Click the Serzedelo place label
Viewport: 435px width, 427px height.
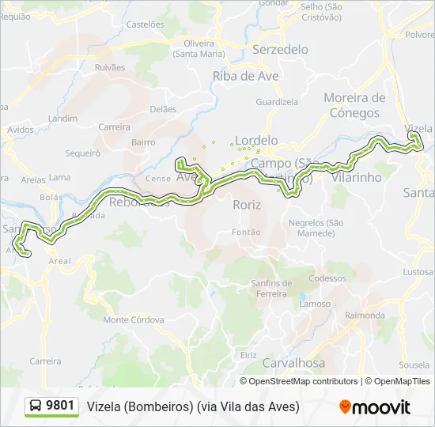pos(280,49)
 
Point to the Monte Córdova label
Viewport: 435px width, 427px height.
pos(134,319)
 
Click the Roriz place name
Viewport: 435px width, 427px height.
pos(247,205)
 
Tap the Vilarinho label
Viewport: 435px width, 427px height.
pos(357,177)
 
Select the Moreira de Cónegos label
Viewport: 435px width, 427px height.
pos(354,105)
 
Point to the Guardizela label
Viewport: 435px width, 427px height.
pos(277,102)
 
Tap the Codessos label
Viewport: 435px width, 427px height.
pos(327,278)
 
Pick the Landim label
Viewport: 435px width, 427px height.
pos(62,119)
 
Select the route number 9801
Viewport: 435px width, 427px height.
pos(60,406)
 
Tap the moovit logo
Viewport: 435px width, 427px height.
pos(375,407)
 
